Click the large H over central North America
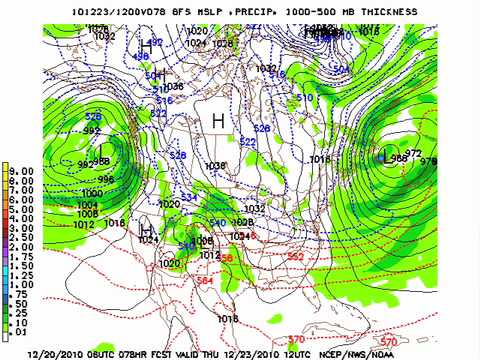click(x=217, y=122)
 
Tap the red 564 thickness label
click(x=204, y=281)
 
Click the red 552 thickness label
click(x=295, y=256)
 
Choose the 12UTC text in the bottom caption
click(x=339, y=352)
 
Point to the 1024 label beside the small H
click(x=150, y=240)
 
